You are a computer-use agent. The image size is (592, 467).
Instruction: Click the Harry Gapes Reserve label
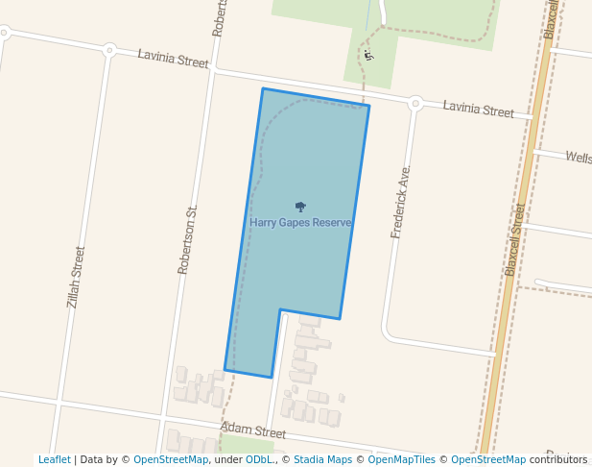pos(300,223)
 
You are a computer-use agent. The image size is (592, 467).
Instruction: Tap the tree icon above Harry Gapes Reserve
pos(300,207)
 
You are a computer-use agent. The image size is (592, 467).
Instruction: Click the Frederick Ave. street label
pos(400,202)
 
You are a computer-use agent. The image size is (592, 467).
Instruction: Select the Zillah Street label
pos(76,277)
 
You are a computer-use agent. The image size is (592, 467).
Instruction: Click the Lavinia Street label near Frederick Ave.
pos(478,110)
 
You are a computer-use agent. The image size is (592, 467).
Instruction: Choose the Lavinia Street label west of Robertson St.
pos(173,60)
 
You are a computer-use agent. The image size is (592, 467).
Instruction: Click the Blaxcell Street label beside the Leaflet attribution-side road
pos(516,239)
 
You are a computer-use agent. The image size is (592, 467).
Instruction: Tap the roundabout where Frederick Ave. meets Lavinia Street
pos(415,103)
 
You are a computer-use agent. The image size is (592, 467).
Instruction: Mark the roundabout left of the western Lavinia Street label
pos(109,50)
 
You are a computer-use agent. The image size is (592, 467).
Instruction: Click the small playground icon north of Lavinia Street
pos(368,55)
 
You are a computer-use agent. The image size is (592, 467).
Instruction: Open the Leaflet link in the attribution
pos(54,460)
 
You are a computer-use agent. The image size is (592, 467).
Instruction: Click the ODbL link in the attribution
pos(258,460)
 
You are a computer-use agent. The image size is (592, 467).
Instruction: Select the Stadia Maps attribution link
pos(322,460)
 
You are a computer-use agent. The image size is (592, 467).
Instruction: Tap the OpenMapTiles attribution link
pos(401,460)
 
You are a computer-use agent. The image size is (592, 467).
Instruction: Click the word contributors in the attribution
pos(557,460)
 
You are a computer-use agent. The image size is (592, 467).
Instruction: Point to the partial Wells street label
pos(578,157)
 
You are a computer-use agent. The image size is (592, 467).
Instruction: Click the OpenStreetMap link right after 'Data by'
pos(170,460)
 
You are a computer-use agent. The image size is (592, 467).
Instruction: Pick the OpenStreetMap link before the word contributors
pos(487,460)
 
